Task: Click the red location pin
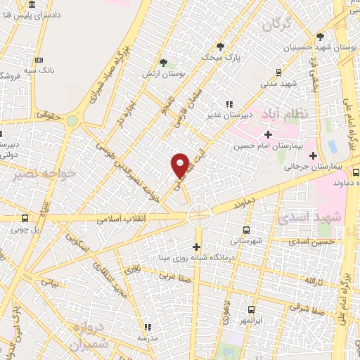(x=180, y=165)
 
